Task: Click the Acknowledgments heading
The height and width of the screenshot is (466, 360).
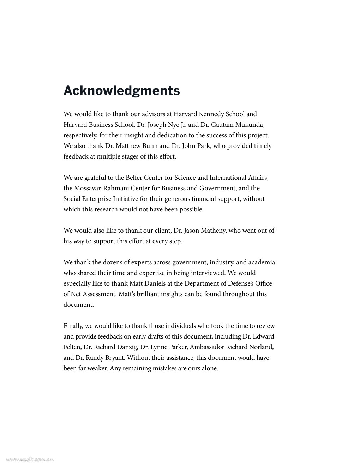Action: (x=121, y=91)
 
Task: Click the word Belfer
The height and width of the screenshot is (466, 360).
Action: (x=134, y=178)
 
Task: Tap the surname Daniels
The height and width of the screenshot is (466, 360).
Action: (x=155, y=283)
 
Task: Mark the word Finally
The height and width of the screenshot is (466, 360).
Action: (x=74, y=326)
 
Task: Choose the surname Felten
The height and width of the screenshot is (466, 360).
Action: (x=72, y=347)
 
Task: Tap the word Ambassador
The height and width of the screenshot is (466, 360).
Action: (x=207, y=347)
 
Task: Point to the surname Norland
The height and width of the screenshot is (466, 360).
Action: (x=261, y=347)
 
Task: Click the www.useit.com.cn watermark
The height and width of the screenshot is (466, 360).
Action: (x=30, y=459)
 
